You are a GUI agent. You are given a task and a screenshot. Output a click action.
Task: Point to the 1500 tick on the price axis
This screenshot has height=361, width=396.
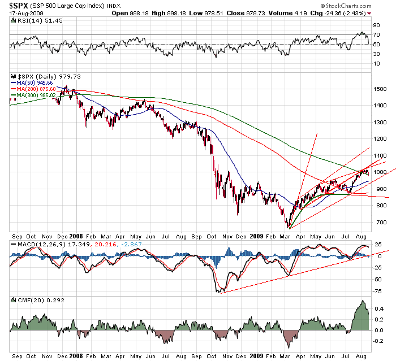pos(380,89)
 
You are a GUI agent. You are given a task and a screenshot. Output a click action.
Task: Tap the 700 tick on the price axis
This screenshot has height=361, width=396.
pos(378,222)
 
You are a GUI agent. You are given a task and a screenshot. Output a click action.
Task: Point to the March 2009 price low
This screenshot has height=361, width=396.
pos(288,227)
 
